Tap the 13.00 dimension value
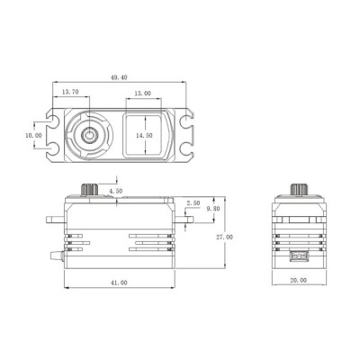click(141, 93)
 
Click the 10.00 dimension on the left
click(32, 135)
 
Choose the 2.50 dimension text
click(193, 203)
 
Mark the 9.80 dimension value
click(213, 209)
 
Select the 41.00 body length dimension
click(117, 282)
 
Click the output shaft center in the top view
click(92, 135)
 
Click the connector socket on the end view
click(297, 257)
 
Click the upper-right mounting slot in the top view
click(188, 121)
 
